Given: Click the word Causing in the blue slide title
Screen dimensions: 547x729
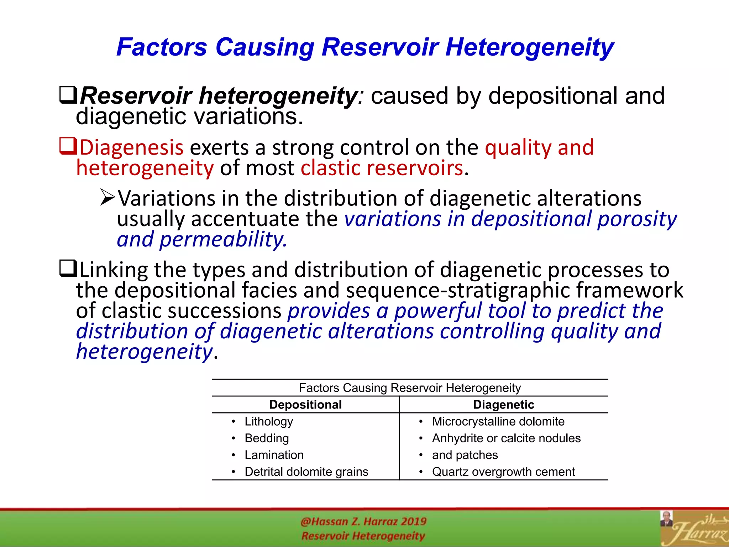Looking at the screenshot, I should (x=264, y=47).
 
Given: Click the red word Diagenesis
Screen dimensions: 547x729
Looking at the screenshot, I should (x=131, y=147).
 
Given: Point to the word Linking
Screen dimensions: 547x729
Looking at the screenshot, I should (x=114, y=270).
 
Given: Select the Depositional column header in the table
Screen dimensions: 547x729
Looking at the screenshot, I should (x=305, y=405).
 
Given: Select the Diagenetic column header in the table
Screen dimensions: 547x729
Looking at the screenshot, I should (x=503, y=405).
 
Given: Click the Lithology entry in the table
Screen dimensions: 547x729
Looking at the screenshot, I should (x=269, y=421).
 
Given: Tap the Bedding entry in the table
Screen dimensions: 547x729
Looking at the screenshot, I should (x=267, y=438).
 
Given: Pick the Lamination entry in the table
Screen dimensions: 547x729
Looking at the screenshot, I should (x=274, y=455).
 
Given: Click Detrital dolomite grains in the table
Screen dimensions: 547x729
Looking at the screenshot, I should (x=306, y=472).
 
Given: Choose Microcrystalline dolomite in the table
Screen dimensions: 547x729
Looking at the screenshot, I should (x=498, y=421).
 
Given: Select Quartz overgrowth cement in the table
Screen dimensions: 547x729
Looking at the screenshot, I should (x=503, y=472).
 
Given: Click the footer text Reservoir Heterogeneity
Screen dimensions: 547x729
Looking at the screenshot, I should (x=363, y=536).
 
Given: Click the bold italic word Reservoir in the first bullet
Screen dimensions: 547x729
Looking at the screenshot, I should (x=136, y=96).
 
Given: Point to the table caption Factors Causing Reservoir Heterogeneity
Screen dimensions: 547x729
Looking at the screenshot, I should (x=410, y=387).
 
